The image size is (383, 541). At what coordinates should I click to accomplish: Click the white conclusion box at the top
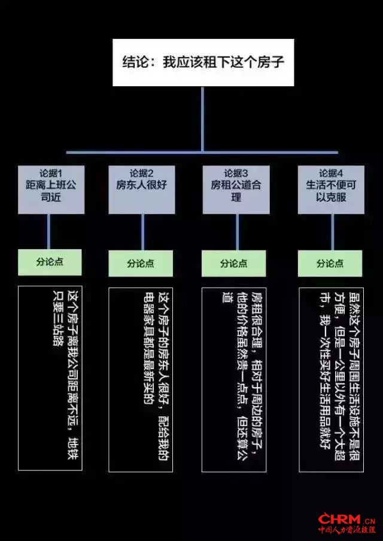[x=203, y=62]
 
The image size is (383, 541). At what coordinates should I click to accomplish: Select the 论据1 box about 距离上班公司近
[x=51, y=190]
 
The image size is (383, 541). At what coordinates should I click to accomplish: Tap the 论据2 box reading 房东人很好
[x=141, y=190]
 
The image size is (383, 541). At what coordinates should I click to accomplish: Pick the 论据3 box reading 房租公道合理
[x=236, y=190]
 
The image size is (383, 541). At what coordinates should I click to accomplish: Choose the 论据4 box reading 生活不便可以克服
[x=331, y=190]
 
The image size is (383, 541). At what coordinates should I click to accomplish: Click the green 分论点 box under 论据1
[x=50, y=262]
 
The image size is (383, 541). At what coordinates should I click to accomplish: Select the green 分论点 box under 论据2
[x=141, y=264]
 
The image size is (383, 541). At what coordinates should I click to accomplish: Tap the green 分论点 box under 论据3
[x=234, y=264]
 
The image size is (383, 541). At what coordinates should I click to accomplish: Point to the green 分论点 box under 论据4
[x=330, y=264]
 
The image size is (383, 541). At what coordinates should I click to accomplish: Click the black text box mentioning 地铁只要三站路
[x=50, y=378]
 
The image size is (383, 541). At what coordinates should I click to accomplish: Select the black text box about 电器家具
[x=141, y=379]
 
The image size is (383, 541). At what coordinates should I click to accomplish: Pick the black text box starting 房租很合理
[x=234, y=379]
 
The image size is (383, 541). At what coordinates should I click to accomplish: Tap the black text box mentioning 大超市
[x=332, y=379]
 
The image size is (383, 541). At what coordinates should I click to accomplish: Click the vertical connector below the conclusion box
[x=202, y=119]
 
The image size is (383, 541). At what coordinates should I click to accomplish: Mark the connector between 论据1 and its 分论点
[x=48, y=231]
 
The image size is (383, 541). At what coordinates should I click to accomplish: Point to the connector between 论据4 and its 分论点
[x=333, y=232]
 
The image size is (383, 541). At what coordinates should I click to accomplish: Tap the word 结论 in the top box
[x=135, y=62]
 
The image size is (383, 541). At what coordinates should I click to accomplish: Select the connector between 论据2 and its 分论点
[x=142, y=232]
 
